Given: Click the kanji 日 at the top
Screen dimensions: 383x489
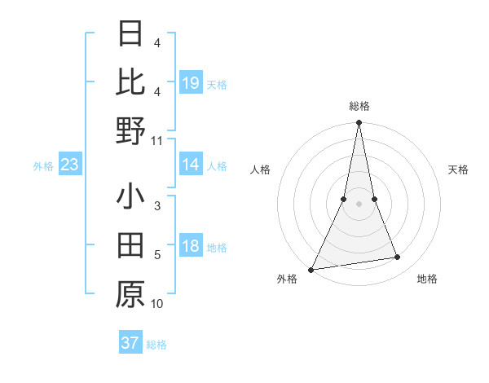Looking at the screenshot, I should (130, 33).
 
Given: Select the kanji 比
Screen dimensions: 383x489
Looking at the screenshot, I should (130, 81).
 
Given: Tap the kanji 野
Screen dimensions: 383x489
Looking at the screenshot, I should (130, 130).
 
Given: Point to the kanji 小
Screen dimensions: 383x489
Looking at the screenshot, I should (130, 198).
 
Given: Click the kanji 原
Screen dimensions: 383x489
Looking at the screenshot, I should (130, 295).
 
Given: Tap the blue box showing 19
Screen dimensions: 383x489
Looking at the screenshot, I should (191, 83).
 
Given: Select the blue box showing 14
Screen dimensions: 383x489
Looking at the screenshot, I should (191, 165).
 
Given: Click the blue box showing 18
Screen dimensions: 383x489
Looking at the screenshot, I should (191, 247).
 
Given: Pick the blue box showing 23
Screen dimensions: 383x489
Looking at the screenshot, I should (70, 165).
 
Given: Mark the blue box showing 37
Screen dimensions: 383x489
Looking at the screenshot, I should (130, 343).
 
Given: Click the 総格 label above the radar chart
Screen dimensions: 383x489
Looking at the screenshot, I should (359, 106).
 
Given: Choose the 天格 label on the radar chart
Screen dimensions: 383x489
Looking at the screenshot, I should (458, 169).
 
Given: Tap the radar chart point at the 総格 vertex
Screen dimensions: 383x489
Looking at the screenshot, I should (359, 123).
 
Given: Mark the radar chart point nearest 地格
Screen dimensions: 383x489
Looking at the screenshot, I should (398, 258).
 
